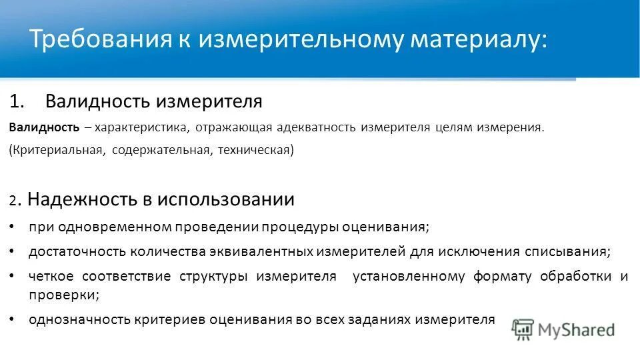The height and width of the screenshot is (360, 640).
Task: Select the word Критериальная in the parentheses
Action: [56, 151]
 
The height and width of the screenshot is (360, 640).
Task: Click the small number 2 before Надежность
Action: [13, 201]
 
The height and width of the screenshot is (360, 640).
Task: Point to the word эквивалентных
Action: [266, 252]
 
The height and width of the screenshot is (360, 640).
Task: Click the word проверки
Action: [63, 293]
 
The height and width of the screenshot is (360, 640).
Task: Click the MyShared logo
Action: [563, 329]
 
